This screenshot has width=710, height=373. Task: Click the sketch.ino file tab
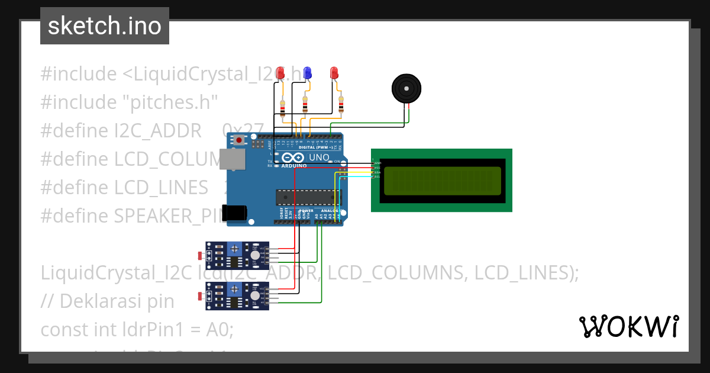105,26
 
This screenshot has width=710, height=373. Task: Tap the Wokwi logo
628,326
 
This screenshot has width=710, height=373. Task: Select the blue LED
307,73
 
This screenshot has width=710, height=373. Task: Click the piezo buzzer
407,89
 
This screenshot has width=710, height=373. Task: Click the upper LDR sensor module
237,255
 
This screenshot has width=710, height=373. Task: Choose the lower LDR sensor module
237,295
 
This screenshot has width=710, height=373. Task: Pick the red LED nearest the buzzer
334,73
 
